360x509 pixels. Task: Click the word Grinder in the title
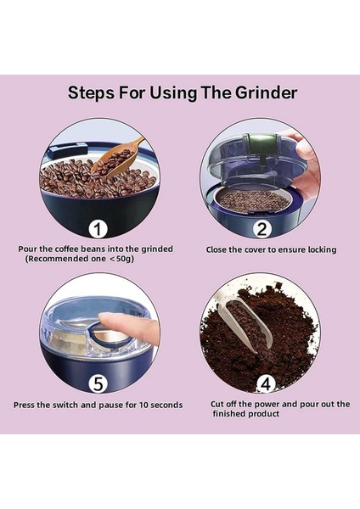(266, 92)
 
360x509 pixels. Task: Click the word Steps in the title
(91, 93)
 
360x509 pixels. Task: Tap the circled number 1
(98, 229)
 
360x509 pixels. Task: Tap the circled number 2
(262, 229)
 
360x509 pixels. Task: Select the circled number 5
(98, 383)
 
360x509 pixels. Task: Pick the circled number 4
(266, 384)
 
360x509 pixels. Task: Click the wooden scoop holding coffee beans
(116, 158)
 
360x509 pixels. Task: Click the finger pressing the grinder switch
(129, 327)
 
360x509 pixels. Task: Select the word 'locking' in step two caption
(322, 250)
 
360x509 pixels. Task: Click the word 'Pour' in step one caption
(25, 249)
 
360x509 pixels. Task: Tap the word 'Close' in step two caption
(216, 250)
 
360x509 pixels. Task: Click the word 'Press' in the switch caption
(24, 406)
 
